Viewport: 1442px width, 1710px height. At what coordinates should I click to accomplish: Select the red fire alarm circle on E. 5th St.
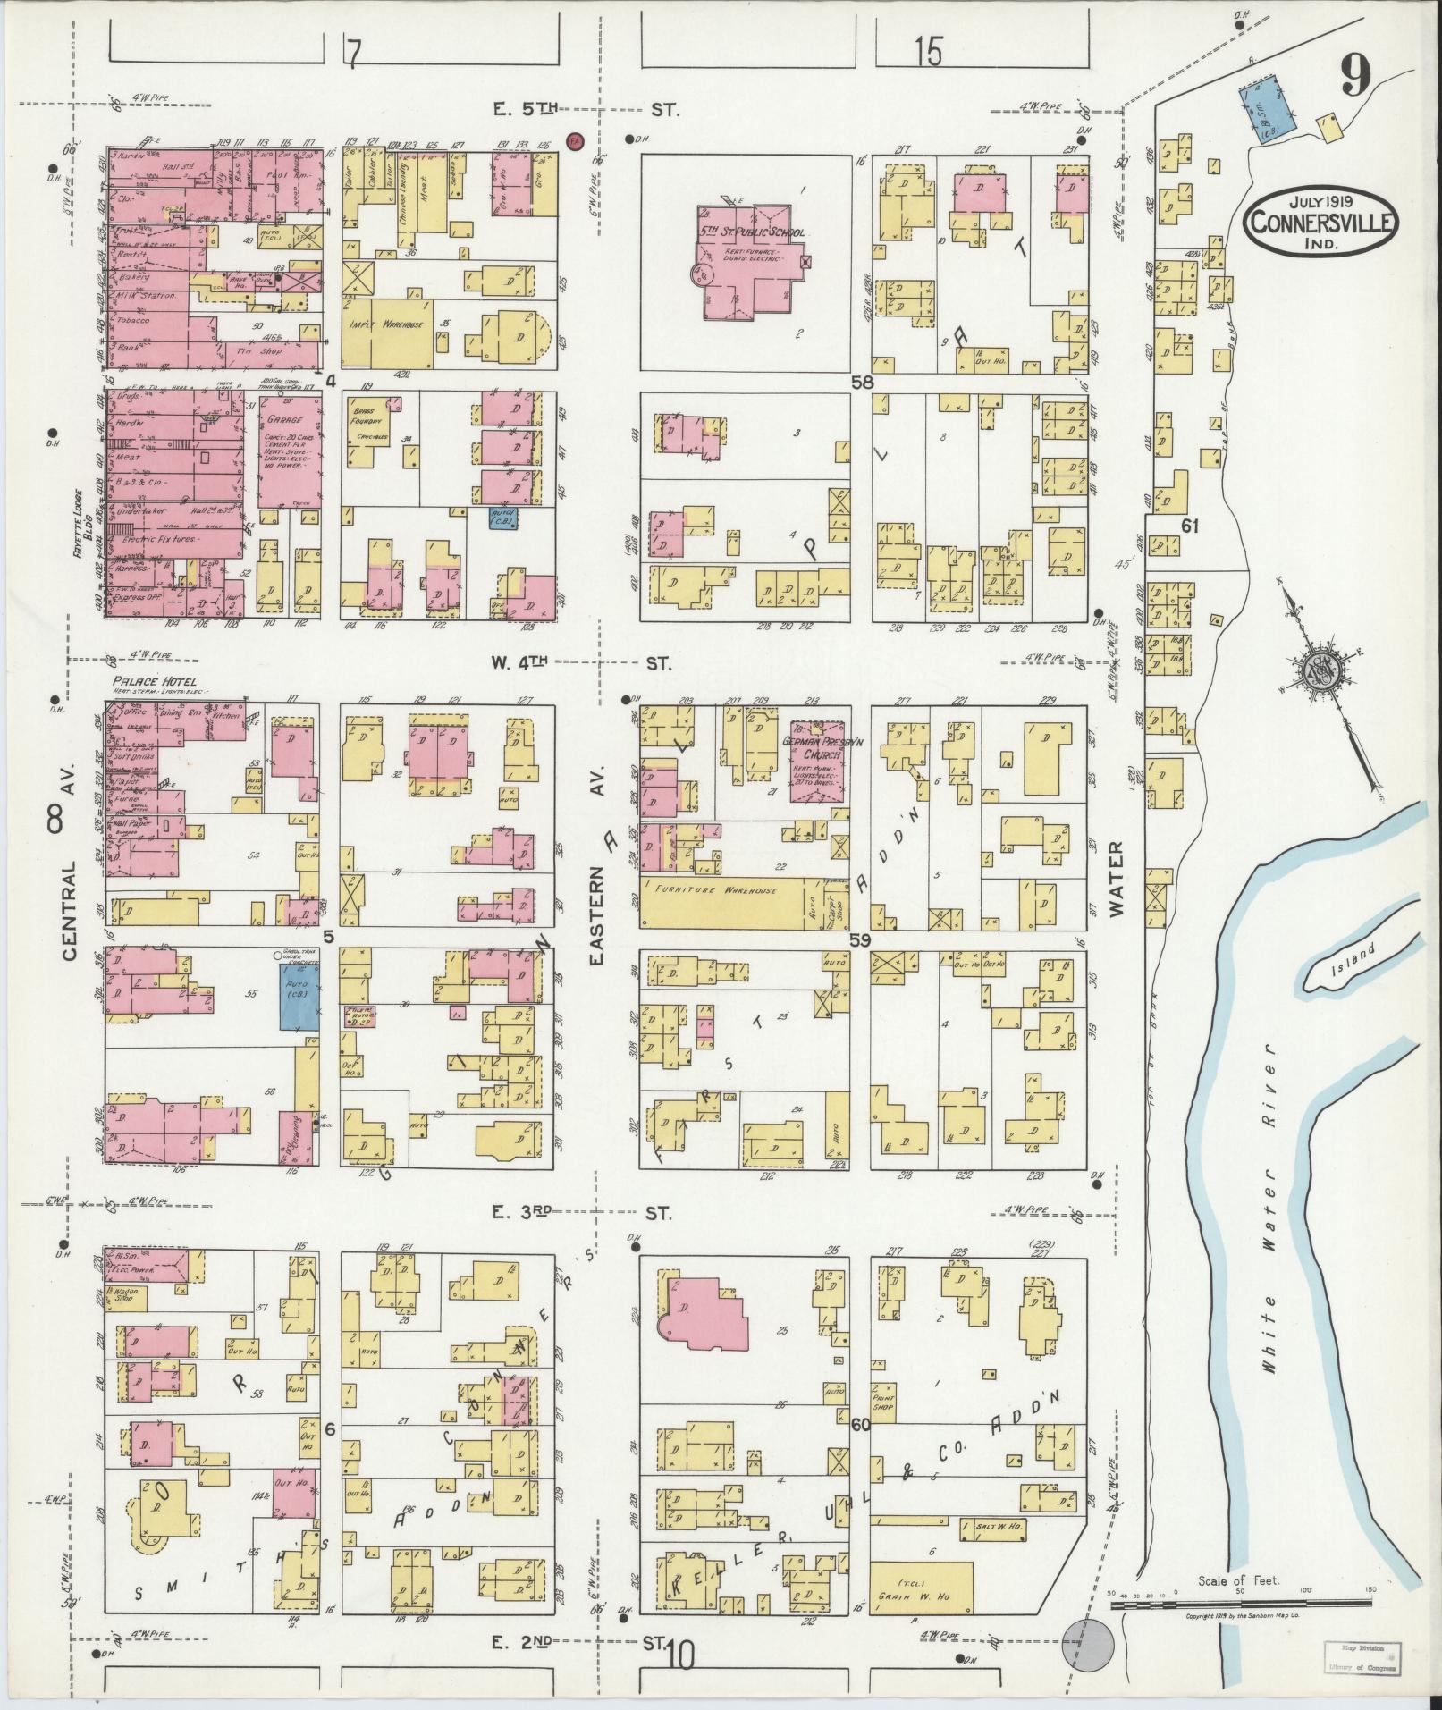click(x=576, y=139)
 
